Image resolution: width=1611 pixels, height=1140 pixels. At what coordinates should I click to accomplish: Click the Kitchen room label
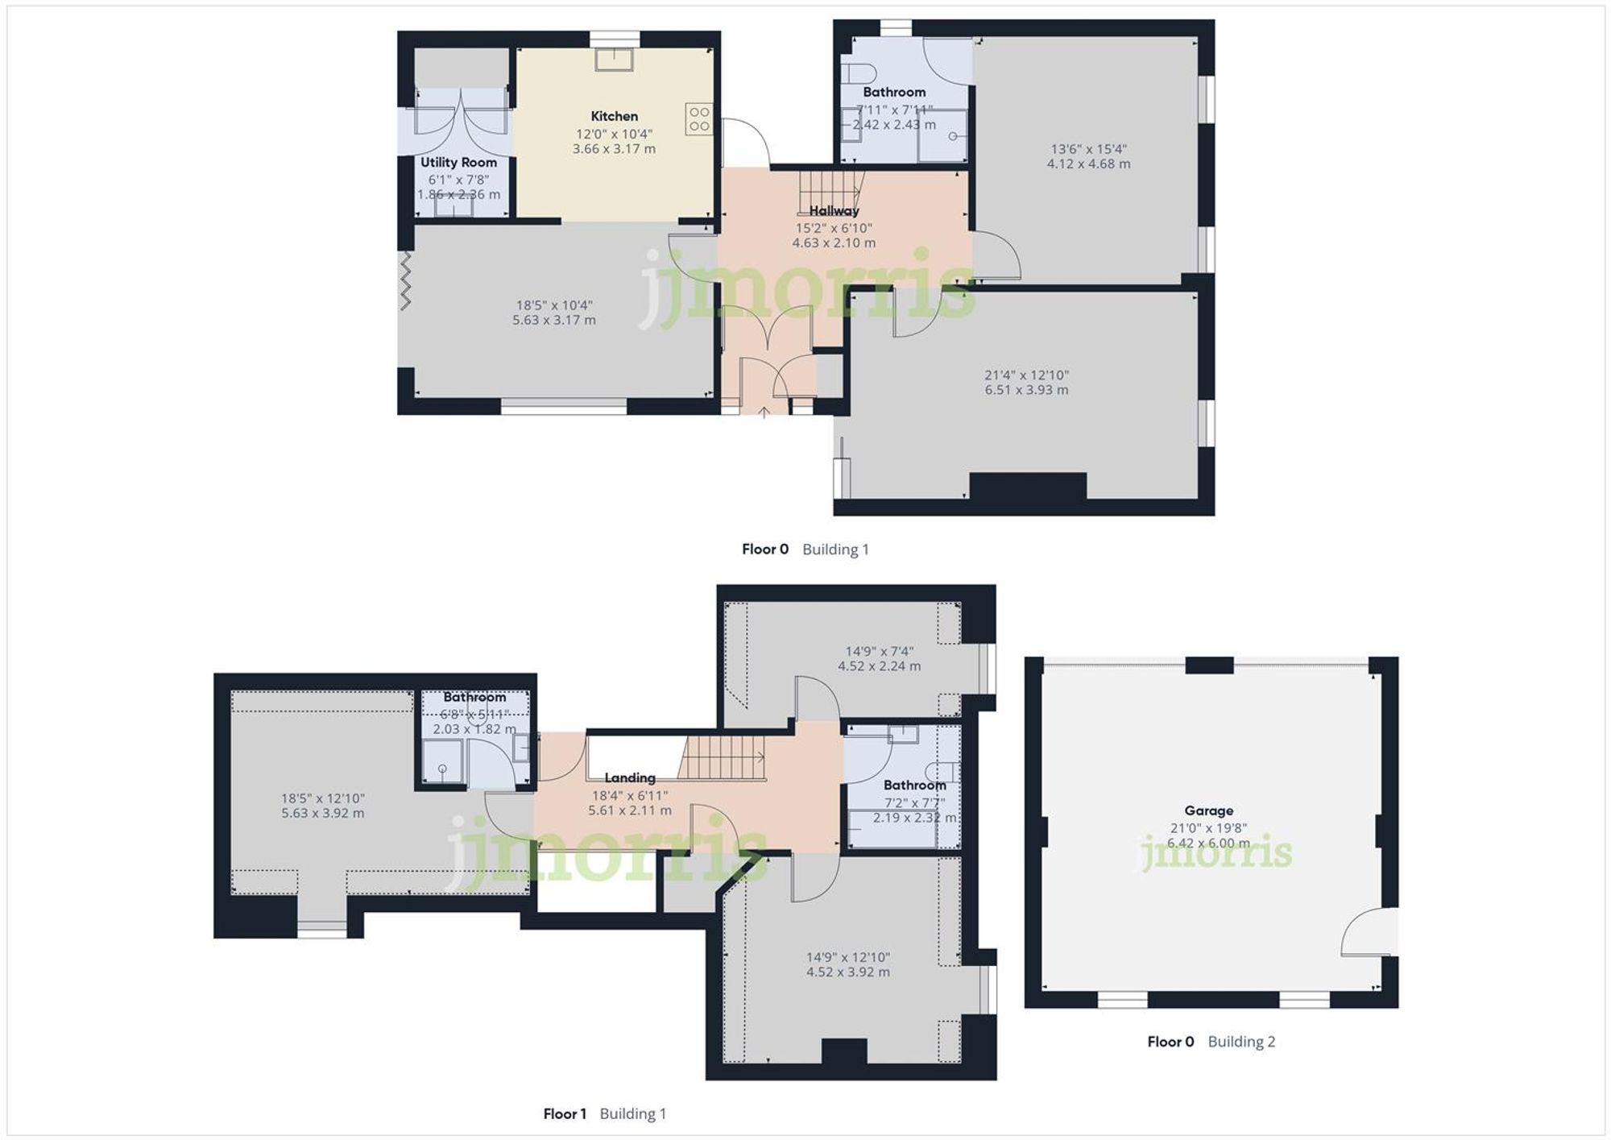click(x=614, y=116)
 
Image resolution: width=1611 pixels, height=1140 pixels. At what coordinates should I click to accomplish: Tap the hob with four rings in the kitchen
click(x=699, y=119)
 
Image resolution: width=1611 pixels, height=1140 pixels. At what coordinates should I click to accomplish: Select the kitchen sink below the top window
click(x=614, y=59)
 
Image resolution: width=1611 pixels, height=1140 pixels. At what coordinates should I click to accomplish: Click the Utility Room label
click(x=458, y=163)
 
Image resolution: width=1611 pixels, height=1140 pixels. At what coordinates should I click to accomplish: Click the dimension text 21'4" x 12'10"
click(x=1026, y=375)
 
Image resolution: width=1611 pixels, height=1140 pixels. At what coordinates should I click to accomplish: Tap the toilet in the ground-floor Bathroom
click(x=857, y=73)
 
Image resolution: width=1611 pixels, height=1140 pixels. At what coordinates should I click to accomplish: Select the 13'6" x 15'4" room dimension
click(x=1088, y=149)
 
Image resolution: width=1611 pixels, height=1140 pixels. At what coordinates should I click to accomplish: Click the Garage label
click(x=1208, y=810)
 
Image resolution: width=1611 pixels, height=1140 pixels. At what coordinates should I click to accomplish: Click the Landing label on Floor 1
click(x=629, y=777)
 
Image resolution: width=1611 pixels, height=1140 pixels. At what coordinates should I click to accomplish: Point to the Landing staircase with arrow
click(x=722, y=758)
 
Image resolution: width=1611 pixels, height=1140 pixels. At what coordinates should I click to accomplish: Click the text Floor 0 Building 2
click(x=1211, y=1041)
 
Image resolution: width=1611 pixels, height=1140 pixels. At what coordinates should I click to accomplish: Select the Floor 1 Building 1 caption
click(x=604, y=1113)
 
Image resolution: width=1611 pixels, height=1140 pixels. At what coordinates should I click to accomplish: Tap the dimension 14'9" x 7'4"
click(x=879, y=651)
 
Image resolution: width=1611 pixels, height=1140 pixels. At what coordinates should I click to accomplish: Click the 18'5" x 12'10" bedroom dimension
click(x=322, y=798)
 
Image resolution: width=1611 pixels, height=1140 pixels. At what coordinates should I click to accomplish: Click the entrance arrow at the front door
click(x=764, y=412)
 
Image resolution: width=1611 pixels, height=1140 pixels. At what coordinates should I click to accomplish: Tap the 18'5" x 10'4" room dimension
click(x=554, y=305)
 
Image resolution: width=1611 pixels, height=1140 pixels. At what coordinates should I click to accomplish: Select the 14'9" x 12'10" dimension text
click(x=847, y=957)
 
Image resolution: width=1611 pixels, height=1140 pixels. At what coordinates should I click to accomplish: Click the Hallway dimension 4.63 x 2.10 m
click(x=834, y=243)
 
